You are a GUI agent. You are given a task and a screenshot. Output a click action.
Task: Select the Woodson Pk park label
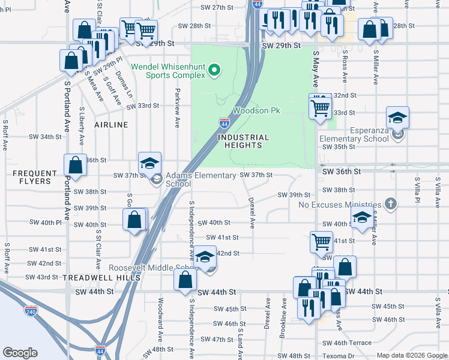256,111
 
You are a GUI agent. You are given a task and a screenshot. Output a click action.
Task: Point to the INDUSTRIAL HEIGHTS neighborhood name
243,141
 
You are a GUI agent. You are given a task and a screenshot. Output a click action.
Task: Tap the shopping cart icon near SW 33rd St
320,108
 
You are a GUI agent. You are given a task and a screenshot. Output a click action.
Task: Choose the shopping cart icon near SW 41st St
321,241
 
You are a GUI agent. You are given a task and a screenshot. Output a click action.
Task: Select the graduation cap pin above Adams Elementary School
149,163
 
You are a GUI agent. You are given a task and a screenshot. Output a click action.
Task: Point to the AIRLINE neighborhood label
111,125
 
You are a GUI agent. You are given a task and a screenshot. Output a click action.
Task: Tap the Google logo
20,353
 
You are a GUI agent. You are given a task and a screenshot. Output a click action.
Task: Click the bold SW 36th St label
341,172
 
